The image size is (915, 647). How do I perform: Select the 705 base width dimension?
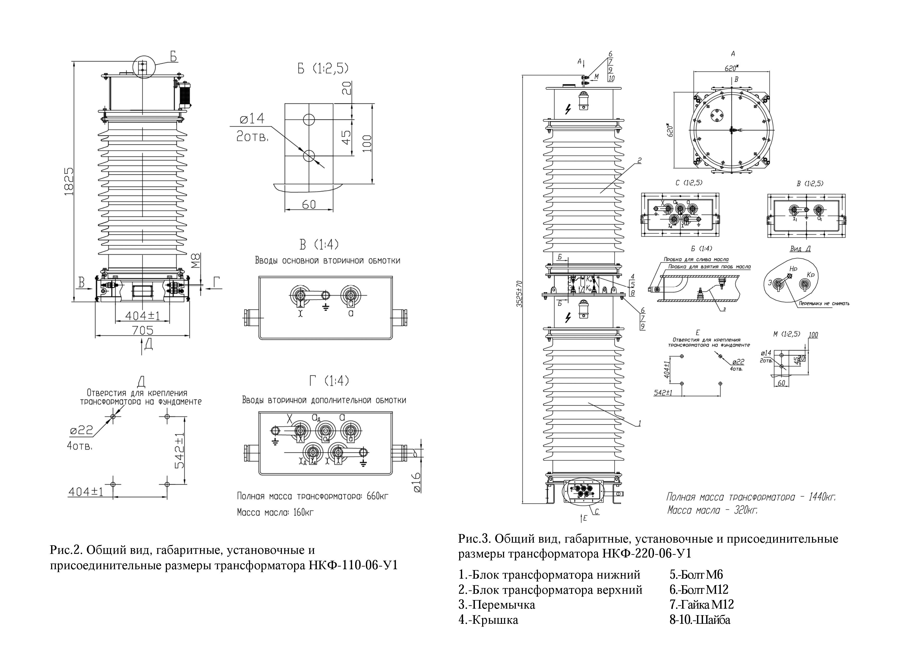143,330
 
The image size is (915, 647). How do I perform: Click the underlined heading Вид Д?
800,249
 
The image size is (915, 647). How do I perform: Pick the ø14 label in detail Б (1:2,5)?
251,118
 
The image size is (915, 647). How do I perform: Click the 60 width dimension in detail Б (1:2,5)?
309,204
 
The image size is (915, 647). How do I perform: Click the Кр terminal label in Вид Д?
810,275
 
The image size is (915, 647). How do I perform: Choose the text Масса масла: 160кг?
275,512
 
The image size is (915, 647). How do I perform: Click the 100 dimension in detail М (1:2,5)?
813,335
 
